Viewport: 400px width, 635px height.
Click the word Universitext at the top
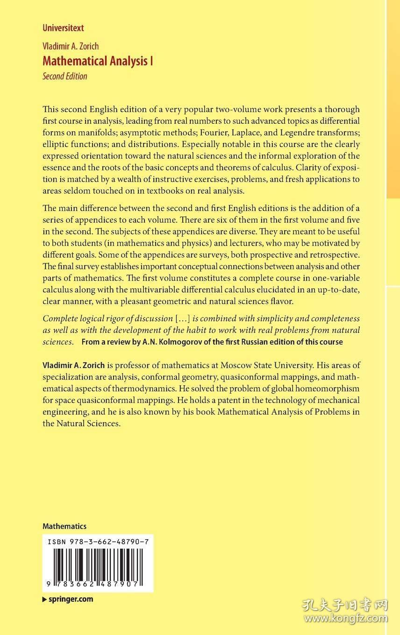click(x=63, y=28)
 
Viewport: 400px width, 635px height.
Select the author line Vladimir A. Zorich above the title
click(x=71, y=46)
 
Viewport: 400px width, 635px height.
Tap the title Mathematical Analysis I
click(x=98, y=61)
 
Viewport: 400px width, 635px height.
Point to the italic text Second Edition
click(x=64, y=76)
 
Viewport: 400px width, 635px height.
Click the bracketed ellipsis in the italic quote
click(x=183, y=319)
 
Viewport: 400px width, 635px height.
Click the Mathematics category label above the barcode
click(x=64, y=526)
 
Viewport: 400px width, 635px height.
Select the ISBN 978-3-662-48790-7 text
click(x=98, y=542)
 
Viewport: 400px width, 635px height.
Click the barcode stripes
click(x=98, y=564)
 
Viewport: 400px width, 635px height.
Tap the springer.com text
click(x=70, y=599)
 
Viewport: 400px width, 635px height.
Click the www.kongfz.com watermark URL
click(x=349, y=619)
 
